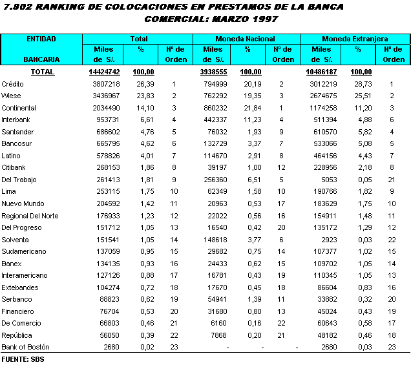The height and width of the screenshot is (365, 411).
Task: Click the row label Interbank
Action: point(16,120)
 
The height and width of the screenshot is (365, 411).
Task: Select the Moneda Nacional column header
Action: point(245,39)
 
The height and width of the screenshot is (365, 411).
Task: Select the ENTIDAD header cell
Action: point(41,39)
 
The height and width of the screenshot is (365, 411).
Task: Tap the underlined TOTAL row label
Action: point(43,72)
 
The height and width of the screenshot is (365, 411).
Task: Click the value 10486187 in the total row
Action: point(321,72)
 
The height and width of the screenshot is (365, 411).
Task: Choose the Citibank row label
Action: point(14,167)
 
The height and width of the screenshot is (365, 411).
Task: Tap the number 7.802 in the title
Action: point(17,6)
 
